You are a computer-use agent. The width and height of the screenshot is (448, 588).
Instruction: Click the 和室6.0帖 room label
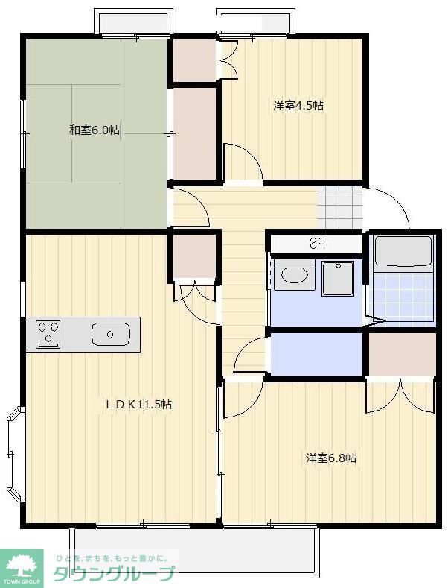pos(95,130)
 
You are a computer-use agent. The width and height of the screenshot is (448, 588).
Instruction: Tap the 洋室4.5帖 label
pos(298,105)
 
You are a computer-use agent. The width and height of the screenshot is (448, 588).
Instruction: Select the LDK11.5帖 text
pos(138,404)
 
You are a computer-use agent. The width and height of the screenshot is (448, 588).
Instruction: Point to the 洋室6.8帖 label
pos(330,458)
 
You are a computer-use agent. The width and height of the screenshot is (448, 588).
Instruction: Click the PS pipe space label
pos(317,244)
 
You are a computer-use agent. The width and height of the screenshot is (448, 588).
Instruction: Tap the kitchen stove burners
pos(48,332)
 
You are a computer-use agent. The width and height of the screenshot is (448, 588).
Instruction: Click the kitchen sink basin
pos(111,334)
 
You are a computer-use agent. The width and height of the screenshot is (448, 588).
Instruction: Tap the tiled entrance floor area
pos(340,209)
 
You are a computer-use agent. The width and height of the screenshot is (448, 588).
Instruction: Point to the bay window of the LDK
pos(15,453)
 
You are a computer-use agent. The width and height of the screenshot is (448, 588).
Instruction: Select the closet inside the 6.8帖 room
pos(402,354)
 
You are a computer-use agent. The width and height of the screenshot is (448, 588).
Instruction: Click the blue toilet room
pos(316,354)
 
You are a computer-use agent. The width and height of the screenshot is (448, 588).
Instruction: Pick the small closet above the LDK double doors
pos(194,256)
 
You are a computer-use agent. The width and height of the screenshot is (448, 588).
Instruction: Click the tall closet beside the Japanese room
pos(194,133)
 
